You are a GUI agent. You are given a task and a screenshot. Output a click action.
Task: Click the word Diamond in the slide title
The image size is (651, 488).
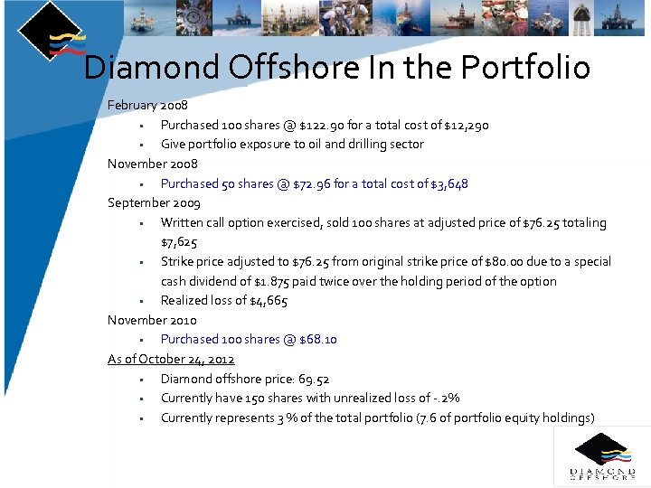151,68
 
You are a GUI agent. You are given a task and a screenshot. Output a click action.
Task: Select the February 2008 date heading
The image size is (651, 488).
147,106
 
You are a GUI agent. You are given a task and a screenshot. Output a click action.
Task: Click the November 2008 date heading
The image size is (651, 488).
152,164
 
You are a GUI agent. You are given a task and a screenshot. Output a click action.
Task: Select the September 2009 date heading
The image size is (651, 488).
154,203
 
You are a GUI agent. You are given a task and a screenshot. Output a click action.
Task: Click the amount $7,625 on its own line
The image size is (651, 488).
179,242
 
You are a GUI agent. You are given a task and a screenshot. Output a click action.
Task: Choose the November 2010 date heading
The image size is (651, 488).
152,321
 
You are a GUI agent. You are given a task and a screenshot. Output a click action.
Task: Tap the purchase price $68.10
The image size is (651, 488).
317,340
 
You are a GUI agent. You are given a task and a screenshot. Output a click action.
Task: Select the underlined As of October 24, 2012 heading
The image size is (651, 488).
171,360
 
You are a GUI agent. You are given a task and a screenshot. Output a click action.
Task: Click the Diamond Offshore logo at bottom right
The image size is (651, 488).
601,456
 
